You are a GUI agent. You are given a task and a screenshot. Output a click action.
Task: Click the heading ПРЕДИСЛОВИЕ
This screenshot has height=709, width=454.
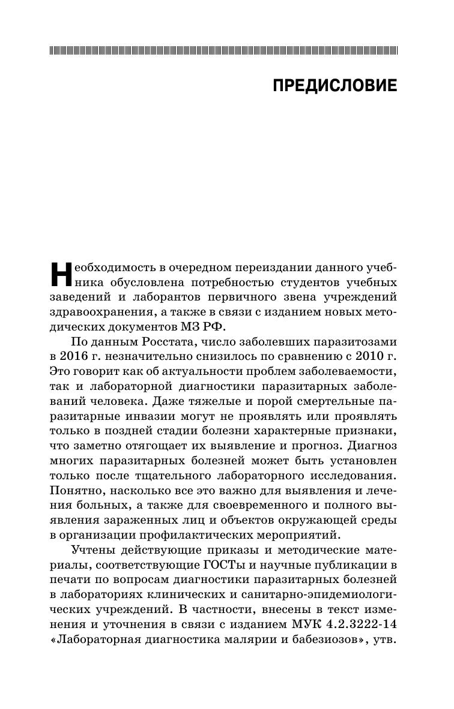point(334,86)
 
